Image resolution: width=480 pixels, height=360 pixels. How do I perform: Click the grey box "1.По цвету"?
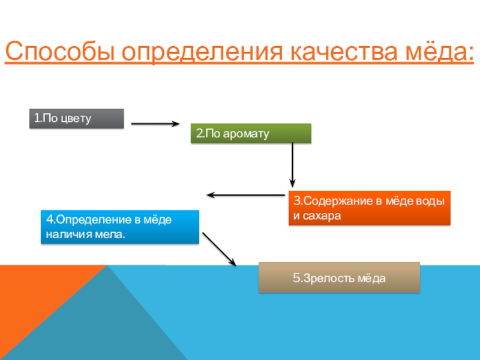pos(77,118)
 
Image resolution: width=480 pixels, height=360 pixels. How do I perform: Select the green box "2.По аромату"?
pos(251,133)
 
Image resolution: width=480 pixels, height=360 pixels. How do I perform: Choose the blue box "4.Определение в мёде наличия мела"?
pos(119,227)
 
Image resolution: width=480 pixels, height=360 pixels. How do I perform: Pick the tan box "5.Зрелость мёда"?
pos(339,278)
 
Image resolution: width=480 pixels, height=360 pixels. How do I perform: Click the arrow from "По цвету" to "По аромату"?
pos(155,124)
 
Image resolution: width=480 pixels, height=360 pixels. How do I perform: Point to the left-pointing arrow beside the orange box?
pos(246,195)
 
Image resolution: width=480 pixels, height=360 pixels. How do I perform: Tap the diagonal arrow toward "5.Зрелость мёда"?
pos(220,248)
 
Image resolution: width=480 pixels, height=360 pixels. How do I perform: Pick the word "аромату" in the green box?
pos(248,134)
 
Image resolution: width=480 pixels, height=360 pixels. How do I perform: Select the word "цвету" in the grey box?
pos(75,118)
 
